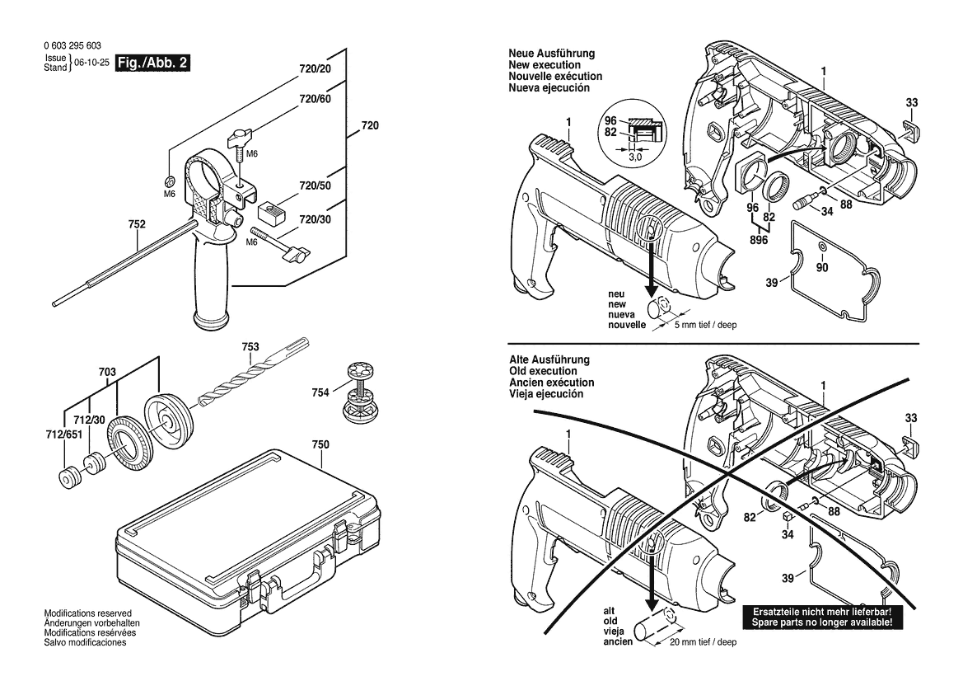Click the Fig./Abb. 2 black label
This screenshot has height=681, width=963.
pyautogui.click(x=154, y=63)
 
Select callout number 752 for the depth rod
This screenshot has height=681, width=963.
pyautogui.click(x=138, y=223)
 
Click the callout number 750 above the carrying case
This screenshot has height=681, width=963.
pyautogui.click(x=320, y=445)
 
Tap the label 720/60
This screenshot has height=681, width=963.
pyautogui.click(x=315, y=99)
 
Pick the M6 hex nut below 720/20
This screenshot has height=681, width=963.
pyautogui.click(x=168, y=181)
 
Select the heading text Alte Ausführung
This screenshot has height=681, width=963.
pyautogui.click(x=549, y=360)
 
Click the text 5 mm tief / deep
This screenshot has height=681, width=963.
pyautogui.click(x=705, y=325)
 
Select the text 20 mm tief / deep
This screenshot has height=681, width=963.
pyautogui.click(x=703, y=641)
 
